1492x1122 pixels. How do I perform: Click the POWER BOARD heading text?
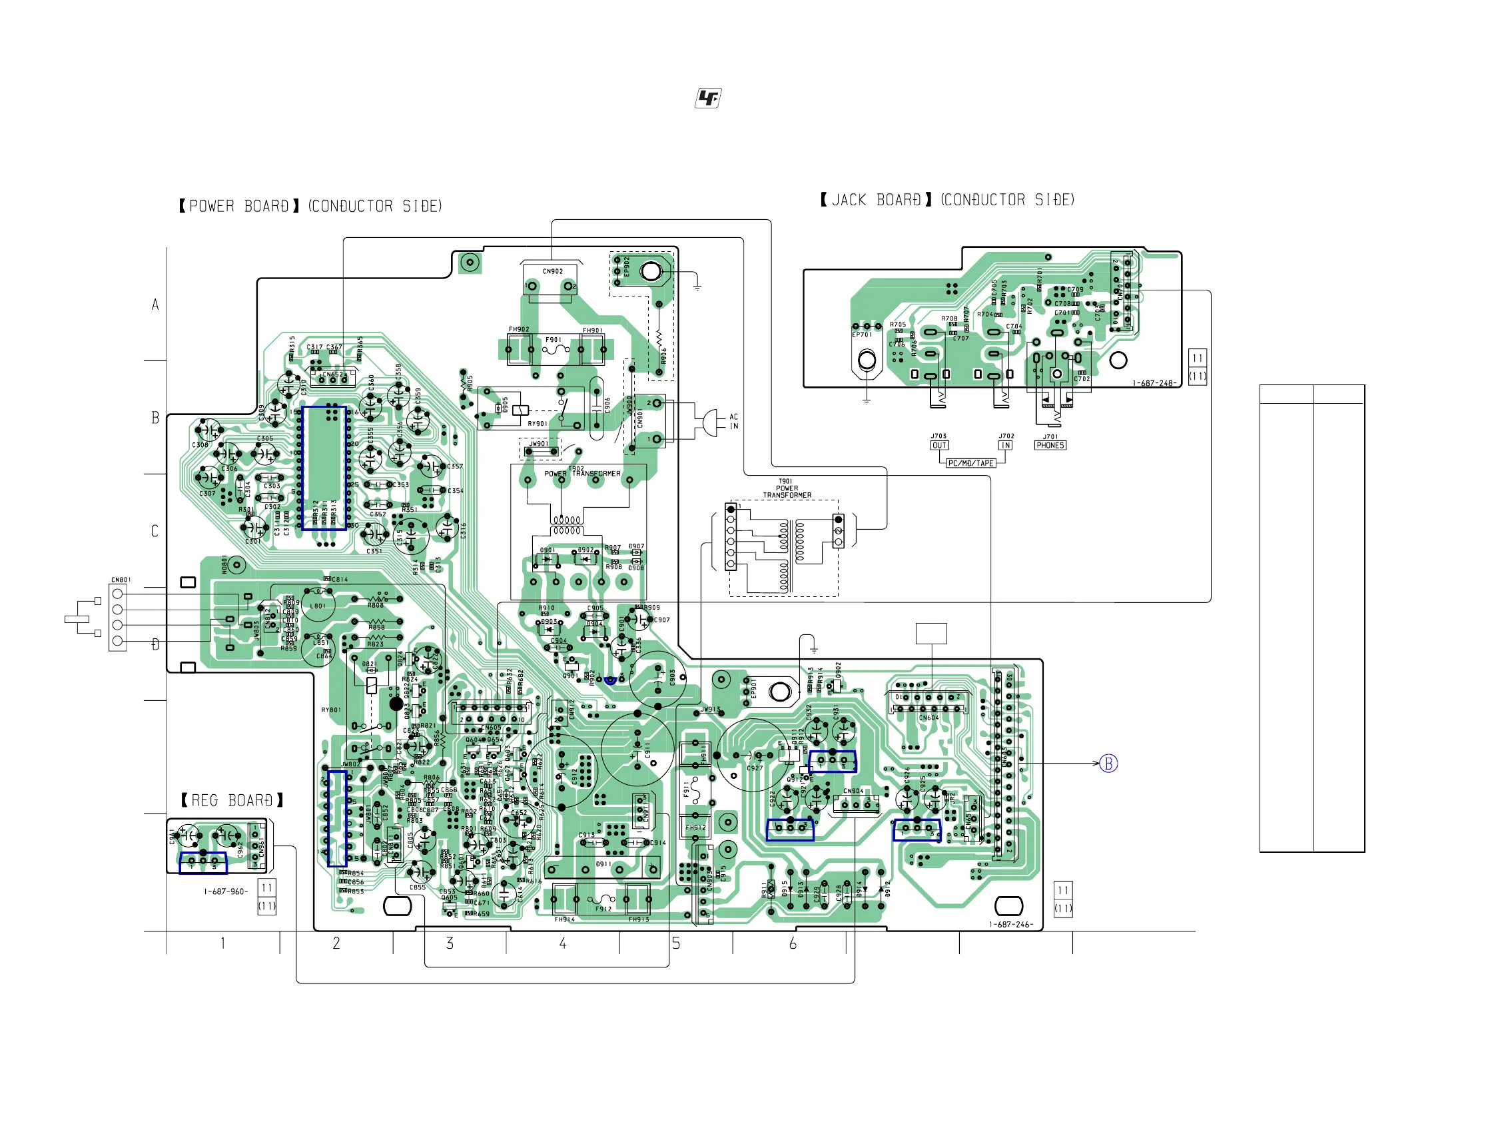point(310,206)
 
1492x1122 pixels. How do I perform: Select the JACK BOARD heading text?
point(947,200)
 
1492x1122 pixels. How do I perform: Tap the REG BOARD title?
point(232,800)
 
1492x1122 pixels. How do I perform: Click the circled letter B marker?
point(1108,763)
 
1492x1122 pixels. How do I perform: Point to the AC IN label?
point(734,421)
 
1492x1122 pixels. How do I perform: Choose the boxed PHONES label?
point(1050,445)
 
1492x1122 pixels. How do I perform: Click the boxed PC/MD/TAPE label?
point(970,463)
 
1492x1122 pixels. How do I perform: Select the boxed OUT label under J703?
point(939,445)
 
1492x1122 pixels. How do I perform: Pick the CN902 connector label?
point(552,271)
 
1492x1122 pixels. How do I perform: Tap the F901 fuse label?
point(553,339)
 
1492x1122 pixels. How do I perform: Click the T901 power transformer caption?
point(787,488)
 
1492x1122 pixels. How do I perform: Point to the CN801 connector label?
point(121,580)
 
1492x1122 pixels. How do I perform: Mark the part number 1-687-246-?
point(1010,924)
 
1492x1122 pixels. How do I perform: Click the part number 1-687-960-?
point(226,891)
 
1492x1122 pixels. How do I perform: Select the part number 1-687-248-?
point(1154,383)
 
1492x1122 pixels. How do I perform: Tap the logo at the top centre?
point(708,99)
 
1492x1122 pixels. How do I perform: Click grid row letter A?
point(155,304)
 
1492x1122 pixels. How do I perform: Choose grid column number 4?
point(563,943)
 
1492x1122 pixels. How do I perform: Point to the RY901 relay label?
point(537,424)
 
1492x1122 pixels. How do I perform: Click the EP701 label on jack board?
point(862,334)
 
